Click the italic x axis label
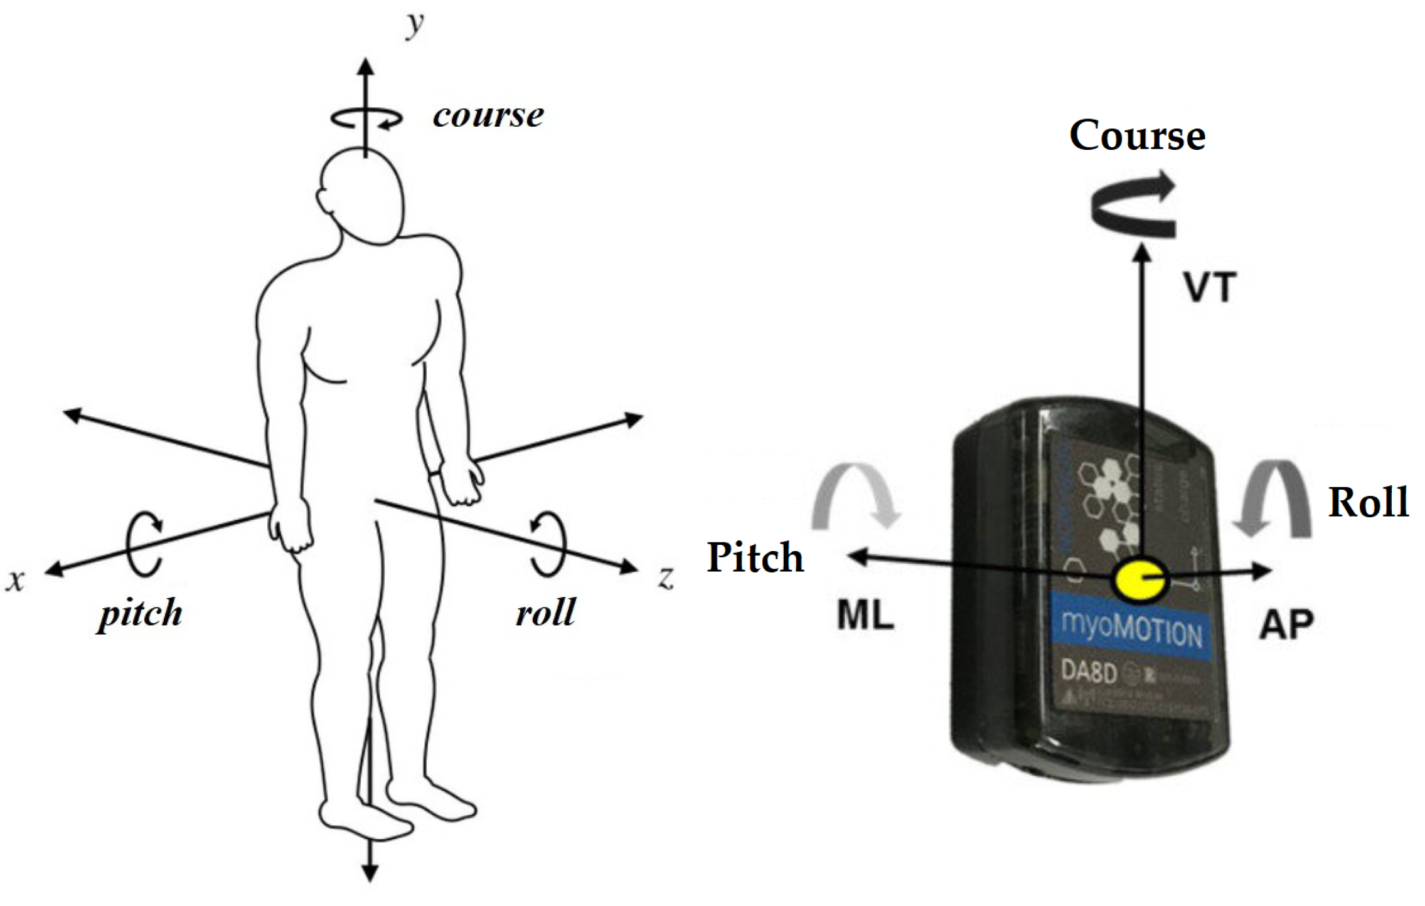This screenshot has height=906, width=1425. [x=16, y=580]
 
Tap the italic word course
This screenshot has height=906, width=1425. [x=488, y=115]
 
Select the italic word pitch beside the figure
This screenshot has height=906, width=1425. [x=141, y=613]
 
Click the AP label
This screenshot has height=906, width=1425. [x=1286, y=624]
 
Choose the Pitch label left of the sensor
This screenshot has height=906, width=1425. [x=755, y=557]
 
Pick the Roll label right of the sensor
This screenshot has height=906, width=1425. [x=1369, y=503]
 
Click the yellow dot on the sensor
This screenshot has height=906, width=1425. [x=1139, y=579]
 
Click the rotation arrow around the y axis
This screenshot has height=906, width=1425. [x=367, y=118]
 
